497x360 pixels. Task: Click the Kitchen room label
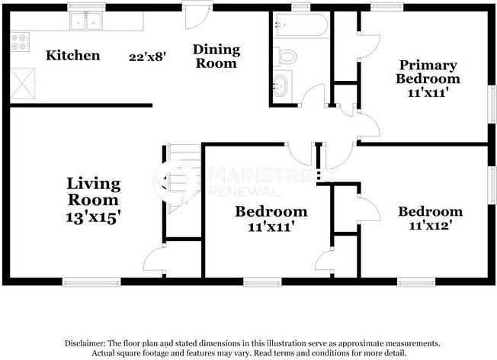point(73,56)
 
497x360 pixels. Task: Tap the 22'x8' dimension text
point(147,56)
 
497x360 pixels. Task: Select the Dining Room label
point(216,56)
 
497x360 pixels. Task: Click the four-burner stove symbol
point(20,41)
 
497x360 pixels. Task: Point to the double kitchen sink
point(86,21)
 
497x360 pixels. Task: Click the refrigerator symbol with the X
point(23,83)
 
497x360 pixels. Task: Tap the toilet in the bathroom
point(285,56)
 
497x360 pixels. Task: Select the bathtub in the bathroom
point(301,24)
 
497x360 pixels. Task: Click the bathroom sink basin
point(281,86)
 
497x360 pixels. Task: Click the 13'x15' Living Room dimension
point(93,217)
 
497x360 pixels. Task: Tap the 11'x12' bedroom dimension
point(430,226)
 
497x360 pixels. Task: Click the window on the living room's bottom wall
point(91,282)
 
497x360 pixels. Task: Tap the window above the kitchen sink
point(87,6)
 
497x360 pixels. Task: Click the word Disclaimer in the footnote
point(85,343)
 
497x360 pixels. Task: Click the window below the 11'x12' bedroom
point(416,282)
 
